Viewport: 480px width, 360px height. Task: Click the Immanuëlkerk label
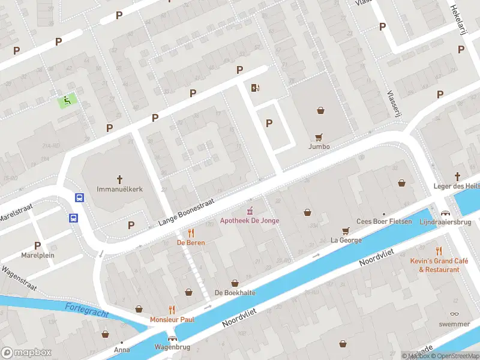[119, 188]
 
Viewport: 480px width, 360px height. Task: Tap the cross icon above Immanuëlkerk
[119, 178]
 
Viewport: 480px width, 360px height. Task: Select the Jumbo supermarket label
[319, 146]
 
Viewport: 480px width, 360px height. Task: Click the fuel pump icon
[256, 88]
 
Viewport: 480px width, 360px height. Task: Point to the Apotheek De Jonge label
[250, 221]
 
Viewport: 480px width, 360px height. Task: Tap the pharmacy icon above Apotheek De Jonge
[250, 211]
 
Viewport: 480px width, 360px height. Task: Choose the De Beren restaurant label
[190, 242]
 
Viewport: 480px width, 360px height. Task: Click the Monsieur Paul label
[172, 319]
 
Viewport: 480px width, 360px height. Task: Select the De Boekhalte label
[235, 293]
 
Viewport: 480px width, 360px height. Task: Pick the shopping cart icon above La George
[346, 230]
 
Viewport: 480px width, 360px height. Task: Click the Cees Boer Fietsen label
[385, 221]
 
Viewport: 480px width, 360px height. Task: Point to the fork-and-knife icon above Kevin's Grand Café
[439, 251]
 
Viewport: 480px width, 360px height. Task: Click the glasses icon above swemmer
[454, 314]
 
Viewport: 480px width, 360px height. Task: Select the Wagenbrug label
[172, 347]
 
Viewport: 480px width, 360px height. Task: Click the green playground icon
[68, 100]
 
